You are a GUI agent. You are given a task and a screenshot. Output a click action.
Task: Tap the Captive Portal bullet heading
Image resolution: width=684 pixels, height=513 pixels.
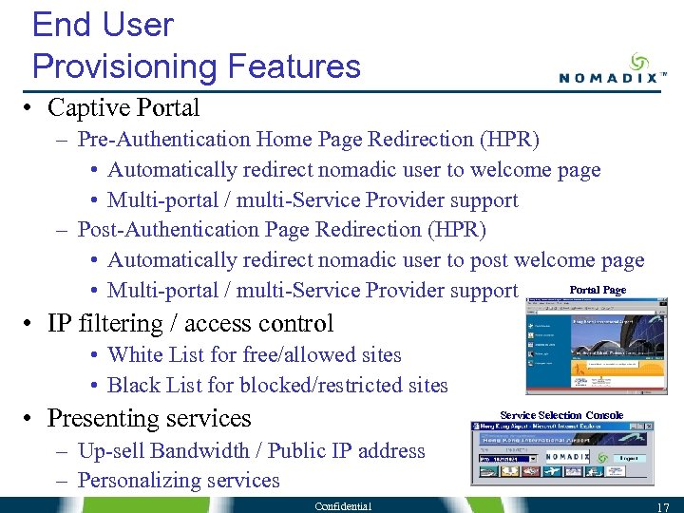123,107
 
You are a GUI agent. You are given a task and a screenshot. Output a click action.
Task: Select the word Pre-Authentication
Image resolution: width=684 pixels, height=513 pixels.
163,140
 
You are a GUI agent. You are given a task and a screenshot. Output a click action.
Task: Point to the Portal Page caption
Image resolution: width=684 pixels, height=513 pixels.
598,290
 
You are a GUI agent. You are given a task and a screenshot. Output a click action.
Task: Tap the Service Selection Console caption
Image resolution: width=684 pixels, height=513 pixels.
561,415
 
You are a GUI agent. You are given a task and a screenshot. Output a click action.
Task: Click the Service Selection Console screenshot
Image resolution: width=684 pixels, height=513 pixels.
562,454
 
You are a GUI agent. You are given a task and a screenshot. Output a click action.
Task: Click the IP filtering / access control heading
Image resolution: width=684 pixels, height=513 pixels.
190,323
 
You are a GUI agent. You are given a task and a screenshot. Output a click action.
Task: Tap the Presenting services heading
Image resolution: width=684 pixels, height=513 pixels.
149,418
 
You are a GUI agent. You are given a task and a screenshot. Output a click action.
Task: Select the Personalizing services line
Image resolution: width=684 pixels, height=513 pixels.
179,481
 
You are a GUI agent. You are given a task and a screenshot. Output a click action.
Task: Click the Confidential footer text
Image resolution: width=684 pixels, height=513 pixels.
344,505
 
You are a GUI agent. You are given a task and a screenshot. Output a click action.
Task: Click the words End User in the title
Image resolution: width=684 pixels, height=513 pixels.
103,25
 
